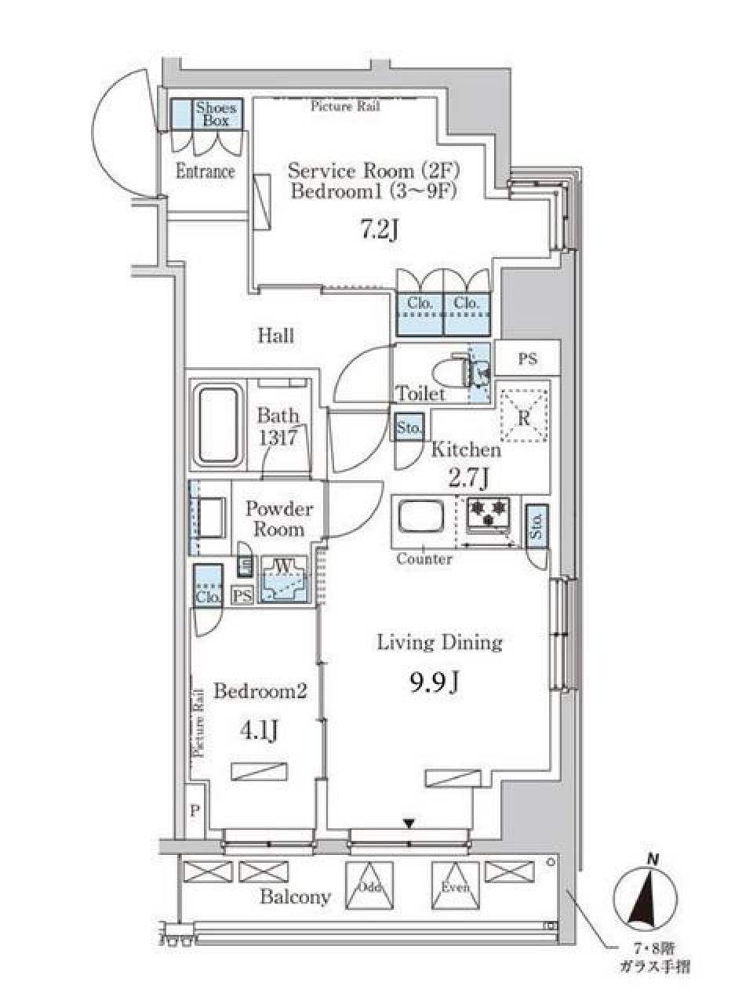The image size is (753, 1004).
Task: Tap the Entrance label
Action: point(205,171)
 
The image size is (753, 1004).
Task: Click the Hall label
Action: point(276,336)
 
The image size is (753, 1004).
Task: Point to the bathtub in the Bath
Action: point(217,425)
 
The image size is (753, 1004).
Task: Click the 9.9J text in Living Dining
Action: point(434,684)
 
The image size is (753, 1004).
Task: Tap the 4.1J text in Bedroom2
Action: point(258,730)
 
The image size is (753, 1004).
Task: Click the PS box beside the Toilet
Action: point(528,358)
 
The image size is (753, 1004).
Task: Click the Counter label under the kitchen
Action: point(424,559)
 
